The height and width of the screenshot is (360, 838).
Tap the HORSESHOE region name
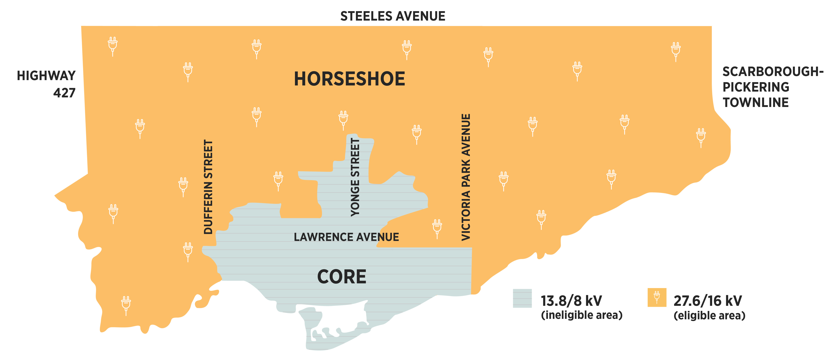(x=349, y=79)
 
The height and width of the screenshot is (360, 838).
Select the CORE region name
(x=342, y=277)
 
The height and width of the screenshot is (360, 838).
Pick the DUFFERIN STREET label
(x=208, y=187)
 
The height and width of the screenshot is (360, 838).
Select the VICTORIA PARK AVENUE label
(x=466, y=177)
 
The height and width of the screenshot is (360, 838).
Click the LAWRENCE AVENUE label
(x=346, y=237)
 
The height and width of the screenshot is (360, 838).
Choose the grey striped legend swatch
(x=522, y=298)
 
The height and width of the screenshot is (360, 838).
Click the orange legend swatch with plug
(x=657, y=297)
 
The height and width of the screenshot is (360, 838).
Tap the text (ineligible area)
(x=581, y=315)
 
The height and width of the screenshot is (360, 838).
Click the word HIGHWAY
(x=46, y=76)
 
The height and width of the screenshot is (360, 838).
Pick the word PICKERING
(x=756, y=87)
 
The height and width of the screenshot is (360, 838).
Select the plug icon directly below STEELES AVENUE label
(x=407, y=49)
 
